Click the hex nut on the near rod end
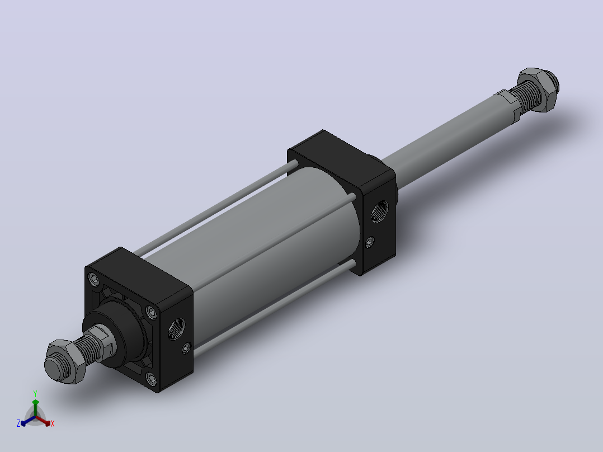tap(63, 361)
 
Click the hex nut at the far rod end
tap(538, 90)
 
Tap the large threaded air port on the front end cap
tap(176, 329)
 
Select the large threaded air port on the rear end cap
tap(380, 211)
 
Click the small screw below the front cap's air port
tap(186, 349)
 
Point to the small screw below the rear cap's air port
tap(370, 242)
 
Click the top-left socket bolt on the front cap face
tap(94, 279)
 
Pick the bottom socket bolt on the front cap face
tap(152, 379)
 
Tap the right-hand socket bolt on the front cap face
tap(153, 312)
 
